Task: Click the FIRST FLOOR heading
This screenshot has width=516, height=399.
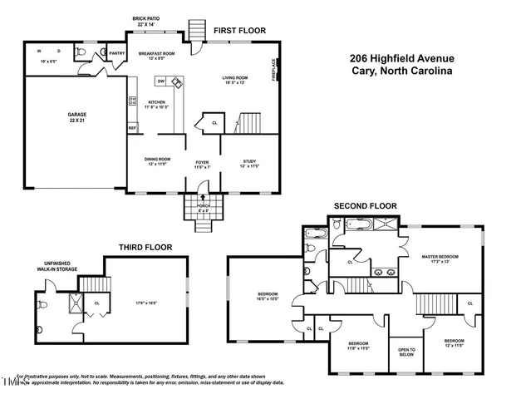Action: click(239, 31)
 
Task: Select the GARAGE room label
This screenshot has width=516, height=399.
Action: click(77, 115)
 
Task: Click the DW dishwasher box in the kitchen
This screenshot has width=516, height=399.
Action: click(160, 81)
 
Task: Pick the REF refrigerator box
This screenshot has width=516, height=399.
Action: click(132, 128)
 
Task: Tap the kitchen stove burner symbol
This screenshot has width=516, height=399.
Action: click(131, 101)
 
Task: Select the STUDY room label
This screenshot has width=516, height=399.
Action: click(249, 161)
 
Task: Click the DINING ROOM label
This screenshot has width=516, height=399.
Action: click(158, 160)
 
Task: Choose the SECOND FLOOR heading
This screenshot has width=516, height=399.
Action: click(366, 205)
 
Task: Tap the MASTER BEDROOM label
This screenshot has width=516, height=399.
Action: click(440, 257)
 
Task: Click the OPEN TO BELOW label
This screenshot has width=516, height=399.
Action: click(406, 352)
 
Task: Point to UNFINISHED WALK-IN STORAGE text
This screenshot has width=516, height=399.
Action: click(60, 266)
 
